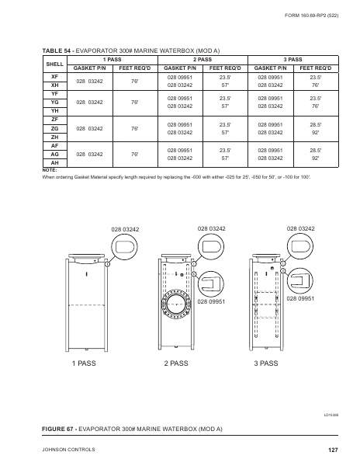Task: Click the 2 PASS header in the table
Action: tap(203, 59)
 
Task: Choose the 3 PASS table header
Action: tap(293, 59)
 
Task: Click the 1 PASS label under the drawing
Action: tap(85, 363)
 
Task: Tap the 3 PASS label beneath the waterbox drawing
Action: tap(265, 363)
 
